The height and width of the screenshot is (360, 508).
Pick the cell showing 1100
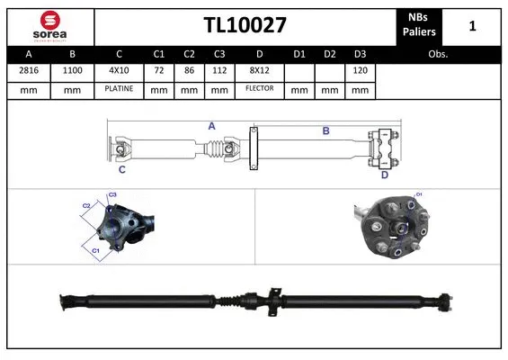(74, 70)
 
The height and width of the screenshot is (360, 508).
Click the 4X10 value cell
(119, 70)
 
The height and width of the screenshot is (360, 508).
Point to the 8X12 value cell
(259, 70)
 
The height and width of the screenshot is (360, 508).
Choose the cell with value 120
(359, 70)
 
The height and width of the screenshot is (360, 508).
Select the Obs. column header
(438, 54)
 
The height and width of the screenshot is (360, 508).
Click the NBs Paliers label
(418, 26)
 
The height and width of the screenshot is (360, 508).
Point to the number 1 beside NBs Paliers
(472, 27)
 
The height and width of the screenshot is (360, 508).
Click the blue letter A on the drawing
(212, 127)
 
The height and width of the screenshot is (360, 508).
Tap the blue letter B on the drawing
(325, 131)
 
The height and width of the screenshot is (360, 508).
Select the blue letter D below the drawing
(384, 175)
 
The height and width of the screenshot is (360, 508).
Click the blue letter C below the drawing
(121, 168)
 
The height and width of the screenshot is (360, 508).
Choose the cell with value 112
(217, 70)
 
